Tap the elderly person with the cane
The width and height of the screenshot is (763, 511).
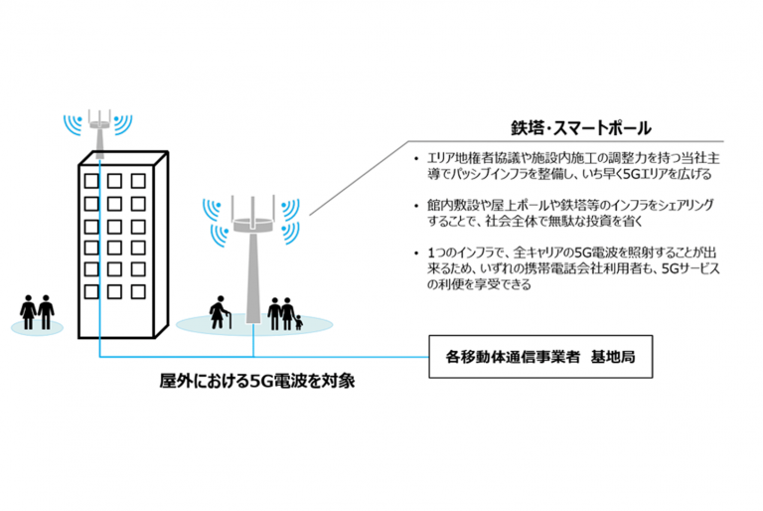coord(217,311)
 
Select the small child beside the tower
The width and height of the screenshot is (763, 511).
coord(297,319)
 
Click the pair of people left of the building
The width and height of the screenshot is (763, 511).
coord(38,311)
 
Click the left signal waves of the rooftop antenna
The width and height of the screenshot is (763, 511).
coord(71,123)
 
